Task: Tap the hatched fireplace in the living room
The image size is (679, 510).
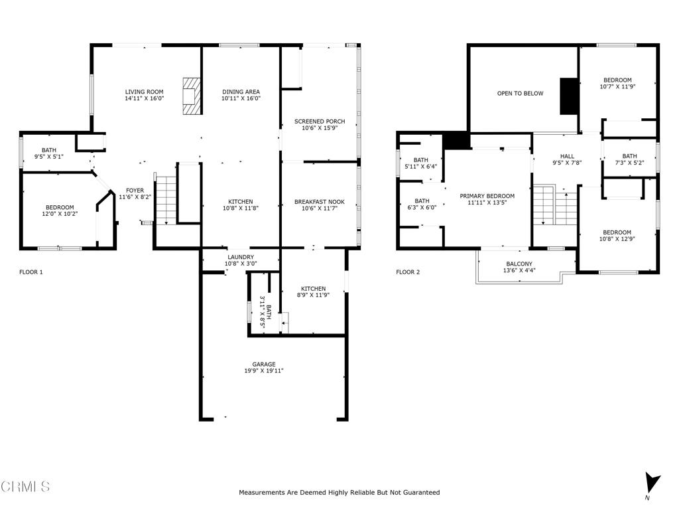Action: pos(192,96)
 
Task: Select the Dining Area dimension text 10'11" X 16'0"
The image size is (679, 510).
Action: pos(241,98)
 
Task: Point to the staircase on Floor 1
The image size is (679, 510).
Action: pos(166,201)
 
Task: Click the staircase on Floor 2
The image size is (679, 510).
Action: pos(555,205)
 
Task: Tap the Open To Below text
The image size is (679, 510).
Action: pos(520,93)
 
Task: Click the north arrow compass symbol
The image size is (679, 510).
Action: pos(652,482)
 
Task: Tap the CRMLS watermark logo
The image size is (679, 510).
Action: pos(25,487)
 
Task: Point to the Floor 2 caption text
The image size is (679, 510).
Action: pos(408,272)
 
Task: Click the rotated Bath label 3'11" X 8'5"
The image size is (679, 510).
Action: pos(265,311)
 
